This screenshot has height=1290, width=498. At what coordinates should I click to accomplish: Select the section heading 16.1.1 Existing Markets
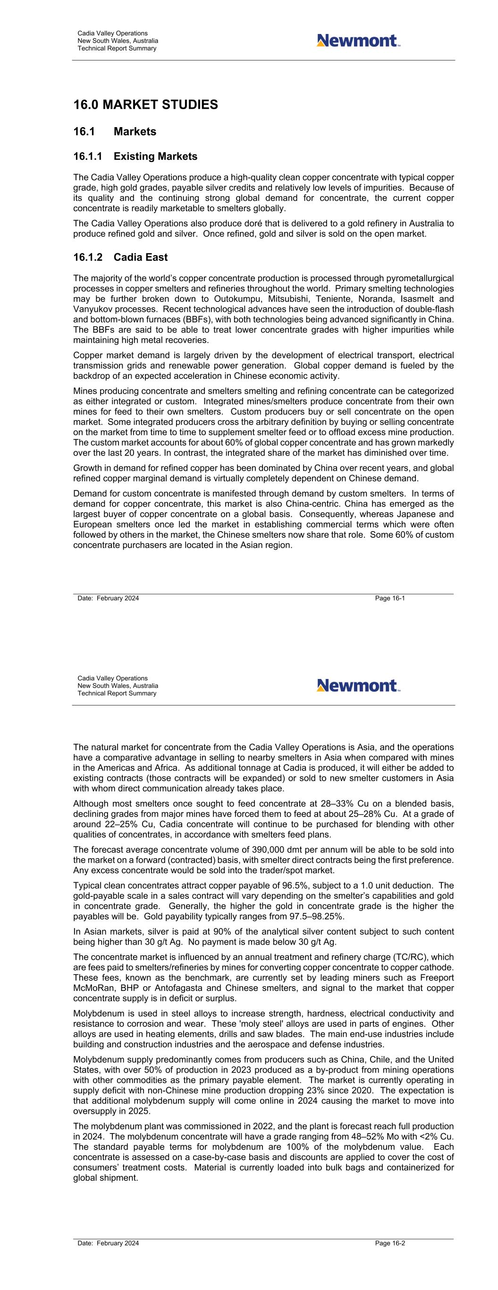click(135, 157)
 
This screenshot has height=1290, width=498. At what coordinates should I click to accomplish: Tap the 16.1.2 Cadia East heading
click(120, 258)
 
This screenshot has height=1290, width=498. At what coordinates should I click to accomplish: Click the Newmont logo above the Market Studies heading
click(358, 41)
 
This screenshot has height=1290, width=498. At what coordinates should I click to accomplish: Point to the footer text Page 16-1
click(390, 598)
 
